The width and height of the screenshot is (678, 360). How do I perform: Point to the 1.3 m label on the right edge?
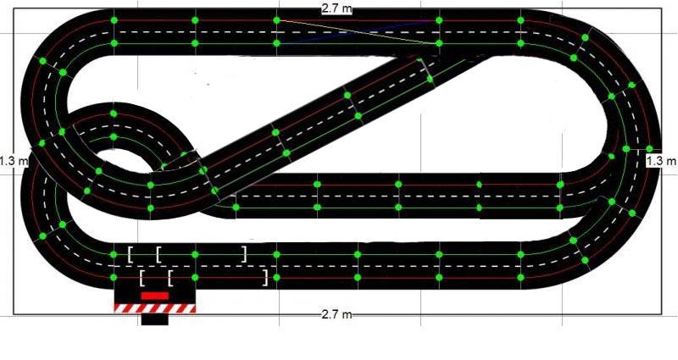661,160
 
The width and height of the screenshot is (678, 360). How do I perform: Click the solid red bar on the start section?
154,295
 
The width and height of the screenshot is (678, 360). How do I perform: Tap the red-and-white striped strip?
155,308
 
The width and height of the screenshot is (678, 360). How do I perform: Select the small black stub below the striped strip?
155,319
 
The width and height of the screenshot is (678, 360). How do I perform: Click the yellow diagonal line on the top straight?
356,30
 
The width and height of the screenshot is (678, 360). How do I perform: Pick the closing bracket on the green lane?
244,253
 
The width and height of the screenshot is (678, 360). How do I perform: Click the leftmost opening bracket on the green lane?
131,253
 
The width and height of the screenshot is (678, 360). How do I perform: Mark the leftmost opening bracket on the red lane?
142,277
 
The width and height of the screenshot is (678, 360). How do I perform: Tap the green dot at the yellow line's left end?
276,19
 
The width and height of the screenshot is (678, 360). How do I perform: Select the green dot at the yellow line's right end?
438,42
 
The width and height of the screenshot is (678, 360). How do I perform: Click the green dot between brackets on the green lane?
194,253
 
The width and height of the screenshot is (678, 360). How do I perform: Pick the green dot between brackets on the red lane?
194,276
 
